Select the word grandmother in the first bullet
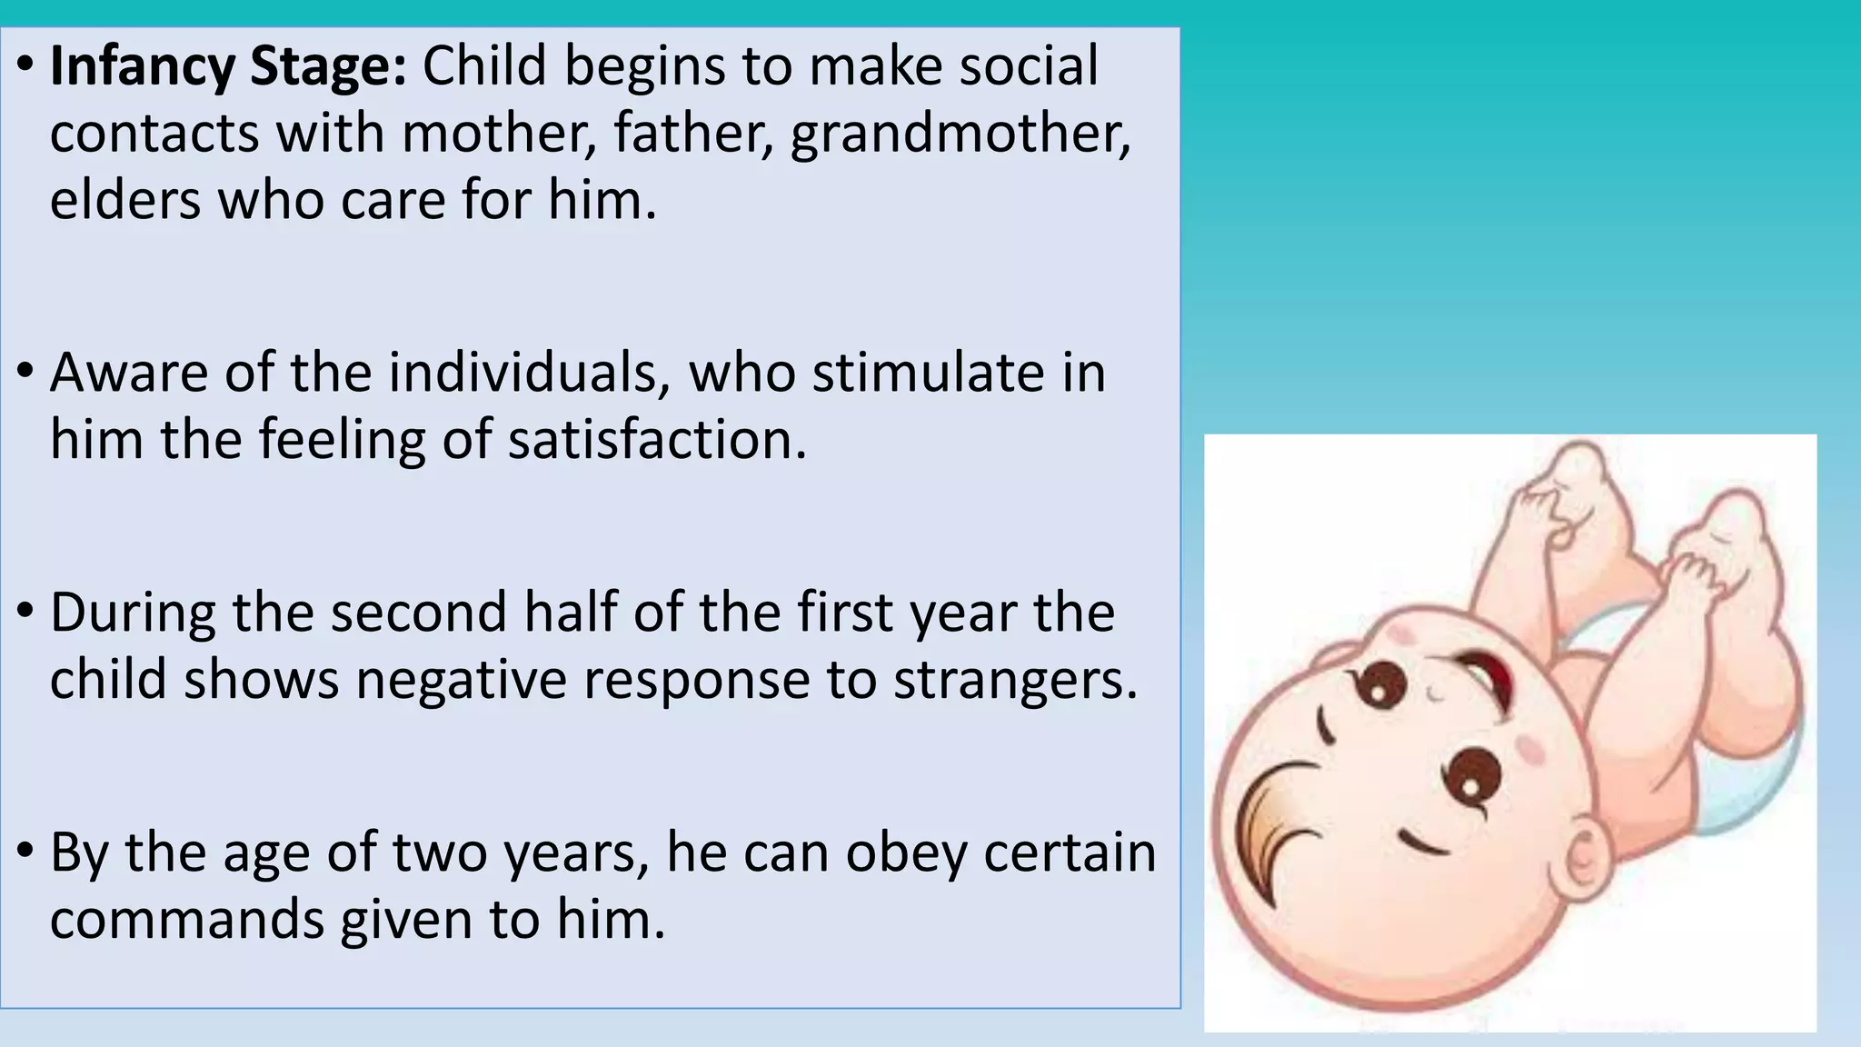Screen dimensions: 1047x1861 tap(960, 134)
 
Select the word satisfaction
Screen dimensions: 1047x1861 tap(656, 440)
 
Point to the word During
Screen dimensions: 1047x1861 tap(133, 613)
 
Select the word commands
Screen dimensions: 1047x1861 tap(187, 920)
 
